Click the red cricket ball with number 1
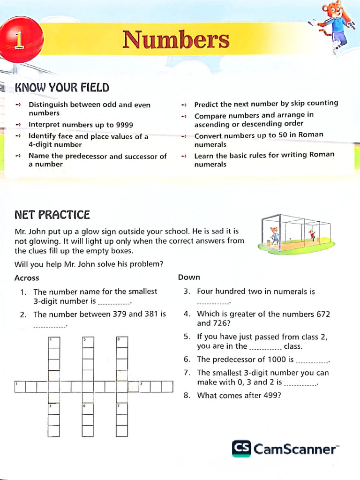coord(21,40)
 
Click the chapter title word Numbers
coord(176,40)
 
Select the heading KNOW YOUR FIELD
coord(62,88)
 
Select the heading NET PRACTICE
coord(52,215)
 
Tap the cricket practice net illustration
coord(296,234)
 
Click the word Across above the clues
coord(27,278)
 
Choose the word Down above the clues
coord(189,277)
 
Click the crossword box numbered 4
coord(54,342)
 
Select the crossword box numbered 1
coord(20,387)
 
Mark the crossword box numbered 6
coord(88,409)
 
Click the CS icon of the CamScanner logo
coord(241,449)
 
